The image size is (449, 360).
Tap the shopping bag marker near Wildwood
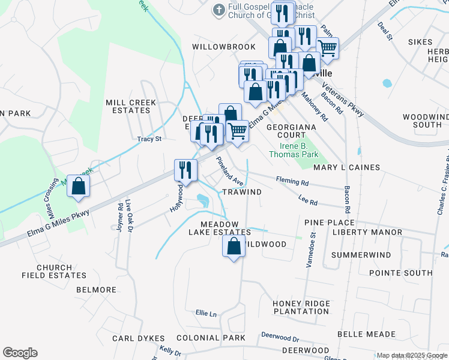(234, 246)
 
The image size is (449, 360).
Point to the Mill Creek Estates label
(131, 106)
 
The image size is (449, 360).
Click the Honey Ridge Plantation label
(301, 307)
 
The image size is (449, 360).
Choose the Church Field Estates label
(54, 271)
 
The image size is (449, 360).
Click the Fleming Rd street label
(292, 181)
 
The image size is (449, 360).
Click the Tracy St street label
(149, 139)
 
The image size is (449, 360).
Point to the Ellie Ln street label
(205, 313)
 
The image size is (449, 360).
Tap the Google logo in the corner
(20, 353)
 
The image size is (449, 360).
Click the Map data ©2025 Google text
(412, 355)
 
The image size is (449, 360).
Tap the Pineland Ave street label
(229, 172)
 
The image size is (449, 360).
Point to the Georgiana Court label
(286, 131)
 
